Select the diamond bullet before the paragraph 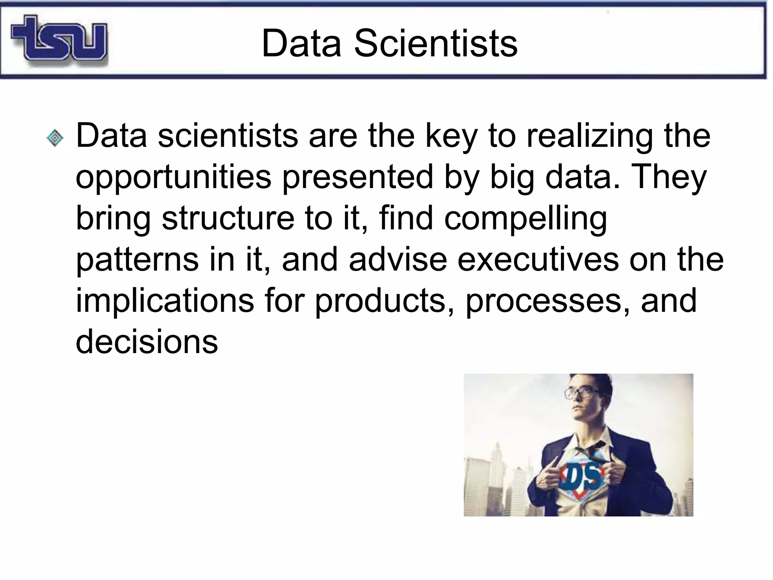tap(55, 138)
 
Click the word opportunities tap(173, 177)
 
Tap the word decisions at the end tap(147, 342)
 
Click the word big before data tap(511, 177)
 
